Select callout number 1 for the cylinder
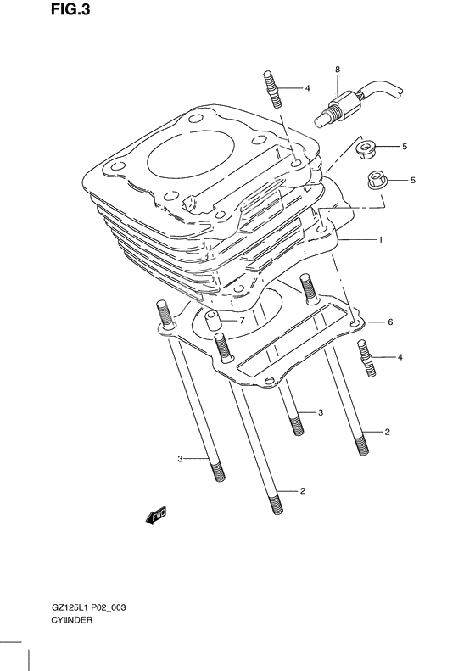[x=381, y=240]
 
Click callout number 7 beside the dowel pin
[x=242, y=321]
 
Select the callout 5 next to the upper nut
[x=405, y=147]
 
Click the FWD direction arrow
[x=155, y=516]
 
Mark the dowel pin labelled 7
[x=213, y=321]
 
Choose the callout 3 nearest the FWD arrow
[x=181, y=459]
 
